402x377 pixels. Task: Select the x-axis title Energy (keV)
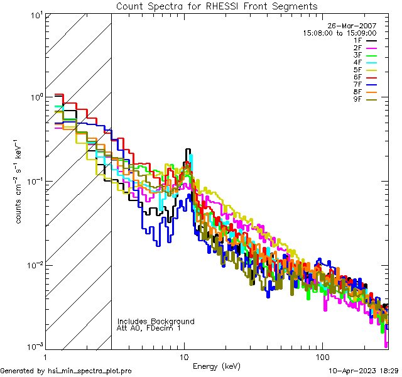[216, 366]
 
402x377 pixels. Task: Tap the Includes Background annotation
[156, 321]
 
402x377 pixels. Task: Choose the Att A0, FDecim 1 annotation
[149, 328]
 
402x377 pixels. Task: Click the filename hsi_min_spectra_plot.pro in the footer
[90, 371]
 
